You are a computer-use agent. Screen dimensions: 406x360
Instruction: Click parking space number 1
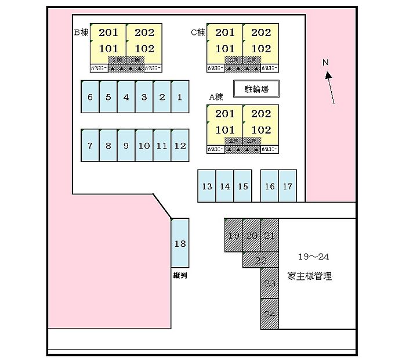point(180,96)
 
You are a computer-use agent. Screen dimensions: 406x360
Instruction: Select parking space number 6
point(90,96)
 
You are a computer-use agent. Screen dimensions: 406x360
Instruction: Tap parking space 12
point(180,145)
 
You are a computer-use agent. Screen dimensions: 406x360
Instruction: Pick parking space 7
point(90,145)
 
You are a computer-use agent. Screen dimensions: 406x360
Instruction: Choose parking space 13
point(206,186)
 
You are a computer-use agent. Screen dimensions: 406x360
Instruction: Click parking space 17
point(288,186)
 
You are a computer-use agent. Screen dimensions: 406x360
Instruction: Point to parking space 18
point(180,244)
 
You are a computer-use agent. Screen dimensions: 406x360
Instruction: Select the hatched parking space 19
point(234,235)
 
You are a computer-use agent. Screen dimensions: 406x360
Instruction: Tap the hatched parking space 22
point(261,260)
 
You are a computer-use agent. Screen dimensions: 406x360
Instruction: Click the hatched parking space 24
point(269,314)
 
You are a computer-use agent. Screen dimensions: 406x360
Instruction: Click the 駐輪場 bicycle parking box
point(255,89)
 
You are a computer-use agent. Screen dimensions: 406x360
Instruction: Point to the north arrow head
point(328,74)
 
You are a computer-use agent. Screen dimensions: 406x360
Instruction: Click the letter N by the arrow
point(325,62)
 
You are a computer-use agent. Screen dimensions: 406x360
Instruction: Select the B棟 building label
point(81,33)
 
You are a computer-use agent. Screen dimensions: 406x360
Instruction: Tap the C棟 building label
point(198,33)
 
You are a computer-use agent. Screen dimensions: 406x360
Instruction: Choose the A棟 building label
point(216,97)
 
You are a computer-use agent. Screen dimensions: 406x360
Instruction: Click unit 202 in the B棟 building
point(144,33)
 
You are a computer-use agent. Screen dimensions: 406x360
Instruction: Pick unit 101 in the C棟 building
point(225,49)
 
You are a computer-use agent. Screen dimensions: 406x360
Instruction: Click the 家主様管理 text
point(309,276)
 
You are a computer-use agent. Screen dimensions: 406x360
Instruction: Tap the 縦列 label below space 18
point(179,276)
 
